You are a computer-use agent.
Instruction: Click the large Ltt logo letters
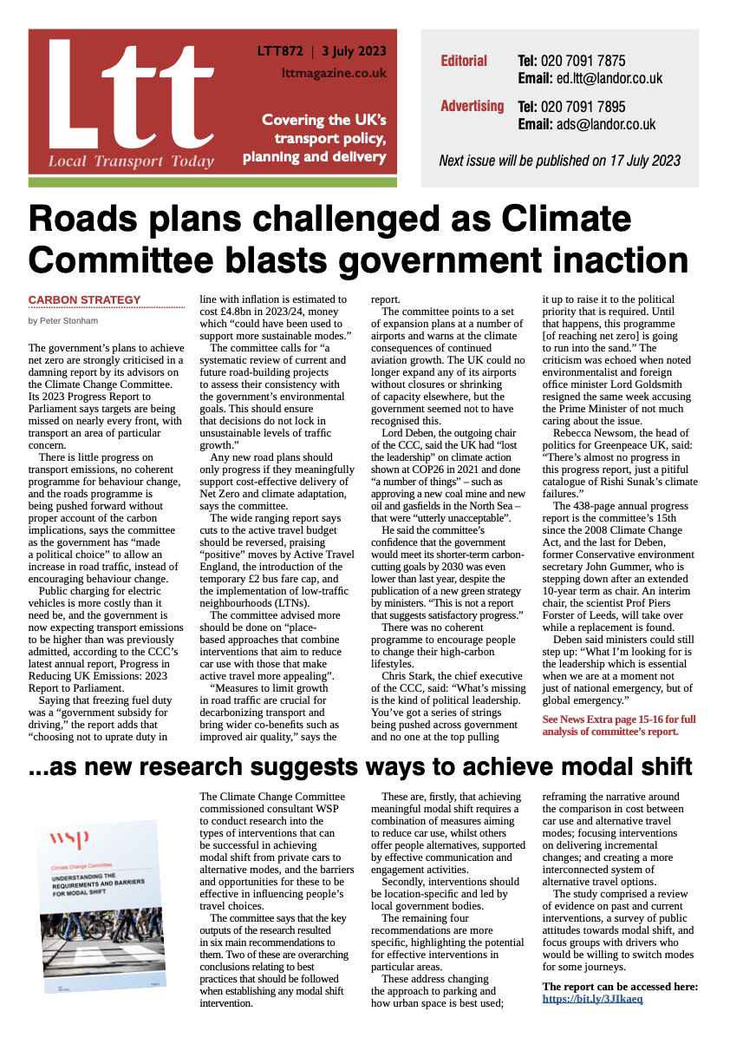click(x=121, y=95)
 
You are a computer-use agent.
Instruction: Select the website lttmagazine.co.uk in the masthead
click(x=334, y=74)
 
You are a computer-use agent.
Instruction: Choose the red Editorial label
click(x=464, y=62)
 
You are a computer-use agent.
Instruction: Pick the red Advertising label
click(x=472, y=106)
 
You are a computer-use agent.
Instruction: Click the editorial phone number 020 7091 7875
click(x=583, y=62)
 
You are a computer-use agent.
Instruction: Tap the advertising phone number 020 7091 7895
click(x=583, y=107)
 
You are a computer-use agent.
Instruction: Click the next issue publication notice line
click(x=559, y=161)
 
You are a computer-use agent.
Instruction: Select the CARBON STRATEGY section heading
click(x=84, y=300)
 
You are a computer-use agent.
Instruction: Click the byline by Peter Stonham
click(x=63, y=320)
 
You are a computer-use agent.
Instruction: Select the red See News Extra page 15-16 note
click(x=618, y=726)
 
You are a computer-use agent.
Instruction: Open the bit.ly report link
click(x=592, y=999)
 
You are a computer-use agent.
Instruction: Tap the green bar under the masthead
click(x=212, y=182)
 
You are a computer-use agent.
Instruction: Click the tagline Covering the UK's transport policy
click(x=324, y=129)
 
